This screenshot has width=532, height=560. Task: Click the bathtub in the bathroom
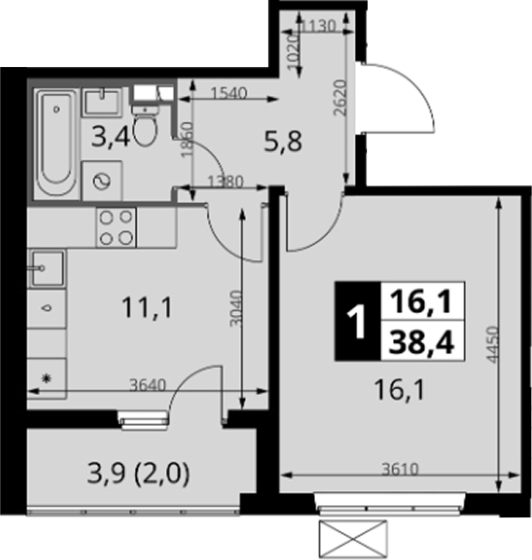coord(57,143)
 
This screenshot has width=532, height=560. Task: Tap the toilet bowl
coord(145,124)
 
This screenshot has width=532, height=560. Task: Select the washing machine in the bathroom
coord(102,181)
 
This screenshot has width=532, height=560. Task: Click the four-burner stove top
coord(116,227)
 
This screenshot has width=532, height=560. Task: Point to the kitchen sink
coord(48,268)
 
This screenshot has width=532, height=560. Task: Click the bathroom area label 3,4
coord(110,138)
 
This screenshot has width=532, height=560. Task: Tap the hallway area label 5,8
coord(283,142)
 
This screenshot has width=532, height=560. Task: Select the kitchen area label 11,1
coord(147,308)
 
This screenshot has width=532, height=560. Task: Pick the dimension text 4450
coord(493,344)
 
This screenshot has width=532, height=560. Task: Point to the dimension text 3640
coord(148,386)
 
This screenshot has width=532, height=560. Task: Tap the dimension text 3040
coord(237,308)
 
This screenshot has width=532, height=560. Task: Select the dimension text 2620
coord(340,98)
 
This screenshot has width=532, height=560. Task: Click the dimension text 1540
coord(229,93)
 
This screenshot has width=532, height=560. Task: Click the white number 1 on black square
coord(357,321)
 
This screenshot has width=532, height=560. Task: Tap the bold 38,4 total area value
coord(422,343)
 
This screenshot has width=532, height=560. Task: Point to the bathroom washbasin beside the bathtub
coord(102,102)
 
